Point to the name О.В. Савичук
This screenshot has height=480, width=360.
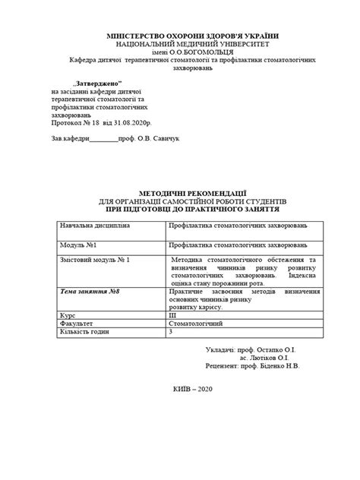tap(159, 140)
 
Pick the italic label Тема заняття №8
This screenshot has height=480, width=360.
tap(90, 292)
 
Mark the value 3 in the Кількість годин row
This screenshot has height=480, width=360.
tap(171, 332)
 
